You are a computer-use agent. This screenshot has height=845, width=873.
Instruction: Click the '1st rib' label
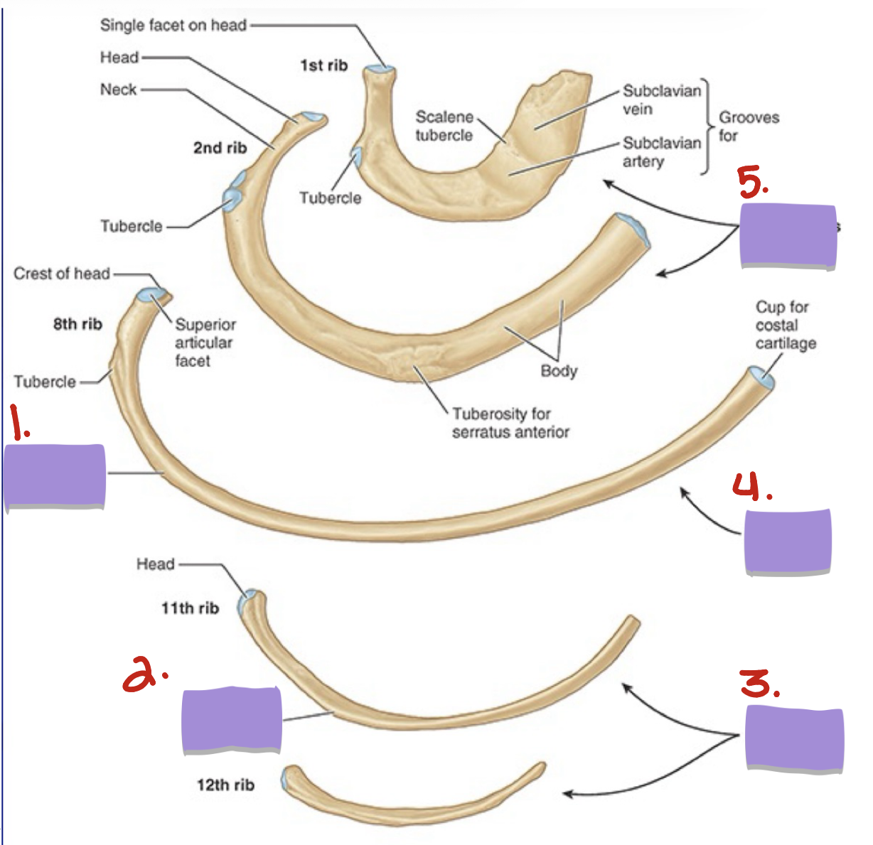click(324, 65)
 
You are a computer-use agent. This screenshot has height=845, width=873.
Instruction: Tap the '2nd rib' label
click(220, 148)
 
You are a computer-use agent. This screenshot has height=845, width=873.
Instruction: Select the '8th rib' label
click(77, 324)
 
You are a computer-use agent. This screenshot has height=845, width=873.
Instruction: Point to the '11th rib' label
click(191, 608)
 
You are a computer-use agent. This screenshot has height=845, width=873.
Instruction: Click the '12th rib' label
click(225, 785)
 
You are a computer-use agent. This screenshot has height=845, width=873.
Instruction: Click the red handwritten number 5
click(752, 183)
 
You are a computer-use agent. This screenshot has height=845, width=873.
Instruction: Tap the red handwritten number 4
click(752, 486)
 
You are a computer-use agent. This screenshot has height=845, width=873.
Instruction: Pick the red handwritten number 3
click(759, 684)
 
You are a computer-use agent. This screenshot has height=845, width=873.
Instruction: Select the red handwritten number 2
click(144, 672)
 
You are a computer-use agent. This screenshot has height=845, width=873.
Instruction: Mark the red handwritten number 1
click(20, 422)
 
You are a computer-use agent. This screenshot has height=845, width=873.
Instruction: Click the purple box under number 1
click(54, 476)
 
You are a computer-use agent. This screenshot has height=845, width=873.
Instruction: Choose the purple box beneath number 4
click(788, 542)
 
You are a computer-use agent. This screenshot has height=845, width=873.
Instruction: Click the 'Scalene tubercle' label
click(444, 126)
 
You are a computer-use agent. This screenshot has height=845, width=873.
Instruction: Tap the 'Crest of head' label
click(61, 273)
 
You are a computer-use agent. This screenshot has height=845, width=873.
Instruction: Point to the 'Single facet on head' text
click(173, 25)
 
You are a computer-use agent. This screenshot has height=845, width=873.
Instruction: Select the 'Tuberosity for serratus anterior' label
click(510, 422)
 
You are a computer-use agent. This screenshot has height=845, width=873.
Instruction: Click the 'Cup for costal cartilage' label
click(786, 325)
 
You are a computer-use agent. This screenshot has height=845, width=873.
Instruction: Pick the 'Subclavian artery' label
click(662, 152)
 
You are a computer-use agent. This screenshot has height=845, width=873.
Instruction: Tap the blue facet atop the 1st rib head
click(380, 69)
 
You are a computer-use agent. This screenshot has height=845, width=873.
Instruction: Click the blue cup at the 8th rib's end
click(762, 377)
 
